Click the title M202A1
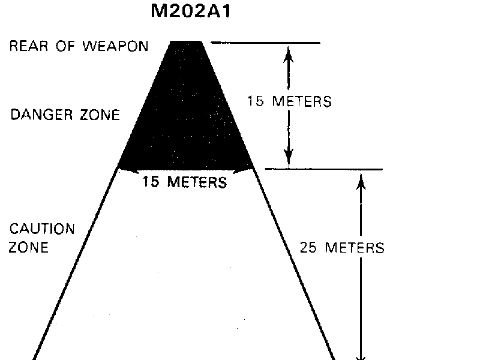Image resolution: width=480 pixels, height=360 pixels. point(190,12)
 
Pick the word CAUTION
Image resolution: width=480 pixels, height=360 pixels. point(41,229)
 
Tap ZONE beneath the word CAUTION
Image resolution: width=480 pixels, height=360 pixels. point(28,247)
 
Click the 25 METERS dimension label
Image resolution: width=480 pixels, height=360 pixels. point(341,247)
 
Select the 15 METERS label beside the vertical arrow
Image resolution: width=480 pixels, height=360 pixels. point(289,101)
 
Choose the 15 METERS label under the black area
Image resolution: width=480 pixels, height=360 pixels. point(184,182)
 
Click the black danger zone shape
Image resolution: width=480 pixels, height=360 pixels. point(186,114)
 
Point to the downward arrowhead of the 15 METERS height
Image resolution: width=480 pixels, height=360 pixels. point(289,158)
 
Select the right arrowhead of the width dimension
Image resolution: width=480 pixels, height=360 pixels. point(244,170)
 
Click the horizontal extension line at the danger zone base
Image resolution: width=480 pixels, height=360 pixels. point(324,170)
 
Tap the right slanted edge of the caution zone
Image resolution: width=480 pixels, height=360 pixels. point(294,264)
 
